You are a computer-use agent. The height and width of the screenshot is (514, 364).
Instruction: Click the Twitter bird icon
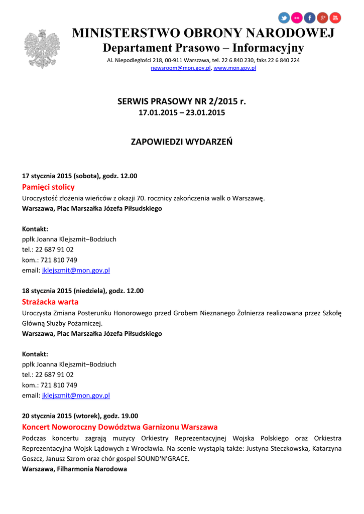(x=284, y=18)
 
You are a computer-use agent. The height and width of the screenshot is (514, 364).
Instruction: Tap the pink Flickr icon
(x=297, y=18)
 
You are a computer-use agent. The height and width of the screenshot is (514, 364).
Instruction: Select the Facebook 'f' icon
(x=310, y=18)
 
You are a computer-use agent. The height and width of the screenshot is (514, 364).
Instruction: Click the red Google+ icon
(x=322, y=18)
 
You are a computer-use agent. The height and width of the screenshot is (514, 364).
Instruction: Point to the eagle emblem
(x=42, y=49)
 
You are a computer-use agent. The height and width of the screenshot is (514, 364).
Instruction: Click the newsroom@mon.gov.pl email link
(x=181, y=68)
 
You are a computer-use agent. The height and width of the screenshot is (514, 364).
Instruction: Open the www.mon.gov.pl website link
(x=235, y=68)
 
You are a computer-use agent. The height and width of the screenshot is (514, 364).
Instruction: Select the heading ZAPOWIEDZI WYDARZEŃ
(x=182, y=142)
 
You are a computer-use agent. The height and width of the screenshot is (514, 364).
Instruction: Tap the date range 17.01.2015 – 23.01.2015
(x=182, y=112)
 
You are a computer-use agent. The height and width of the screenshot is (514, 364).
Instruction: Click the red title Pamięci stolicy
(x=48, y=187)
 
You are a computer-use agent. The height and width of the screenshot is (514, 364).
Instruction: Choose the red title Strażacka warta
(x=50, y=302)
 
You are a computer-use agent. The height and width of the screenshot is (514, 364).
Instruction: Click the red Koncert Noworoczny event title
(x=120, y=427)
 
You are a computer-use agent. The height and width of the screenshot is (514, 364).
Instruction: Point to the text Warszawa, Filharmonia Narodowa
(x=74, y=469)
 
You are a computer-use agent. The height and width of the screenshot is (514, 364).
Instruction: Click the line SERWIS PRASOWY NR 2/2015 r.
(x=182, y=101)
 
